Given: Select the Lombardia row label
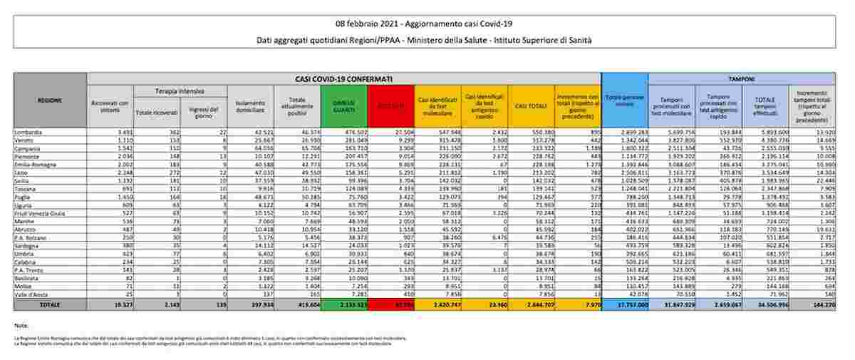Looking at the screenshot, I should click(x=29, y=133).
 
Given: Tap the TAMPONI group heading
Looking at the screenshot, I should click(x=742, y=78).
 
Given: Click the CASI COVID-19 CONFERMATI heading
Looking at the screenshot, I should click(x=343, y=78).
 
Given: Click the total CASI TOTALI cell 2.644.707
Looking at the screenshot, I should click(x=530, y=304).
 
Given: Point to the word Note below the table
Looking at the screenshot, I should click(x=21, y=325).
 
